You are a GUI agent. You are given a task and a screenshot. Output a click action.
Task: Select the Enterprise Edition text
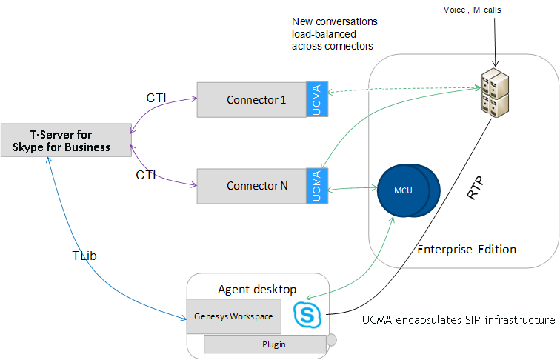(x=467, y=249)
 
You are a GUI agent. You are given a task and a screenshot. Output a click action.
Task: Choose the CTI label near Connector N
(x=146, y=176)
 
